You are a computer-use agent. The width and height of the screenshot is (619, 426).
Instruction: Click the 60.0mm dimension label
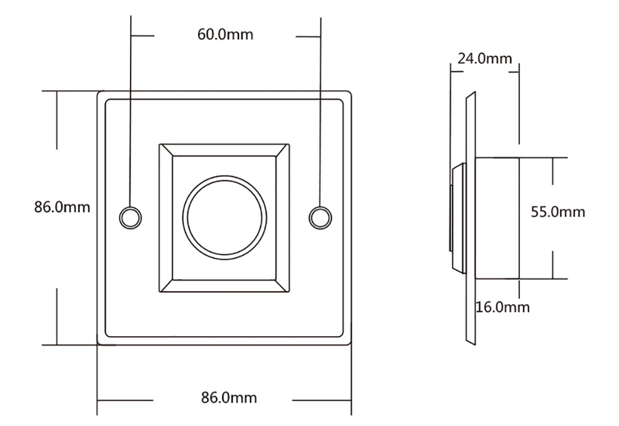click(225, 34)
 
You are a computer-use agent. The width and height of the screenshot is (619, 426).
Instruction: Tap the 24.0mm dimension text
click(485, 58)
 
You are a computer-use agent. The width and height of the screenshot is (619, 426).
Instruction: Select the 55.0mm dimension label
click(558, 212)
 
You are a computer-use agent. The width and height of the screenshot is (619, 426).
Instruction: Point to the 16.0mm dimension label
click(502, 306)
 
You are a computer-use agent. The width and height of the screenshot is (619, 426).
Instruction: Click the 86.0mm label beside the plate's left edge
click(62, 207)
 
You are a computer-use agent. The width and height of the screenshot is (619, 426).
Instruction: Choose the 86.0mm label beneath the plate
click(228, 397)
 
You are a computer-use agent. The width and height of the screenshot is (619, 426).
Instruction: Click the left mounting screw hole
click(130, 217)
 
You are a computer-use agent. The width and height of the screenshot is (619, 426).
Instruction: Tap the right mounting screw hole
click(320, 217)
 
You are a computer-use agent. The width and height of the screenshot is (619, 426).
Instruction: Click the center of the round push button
click(224, 217)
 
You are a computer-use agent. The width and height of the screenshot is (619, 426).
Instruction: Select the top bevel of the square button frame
click(224, 150)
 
